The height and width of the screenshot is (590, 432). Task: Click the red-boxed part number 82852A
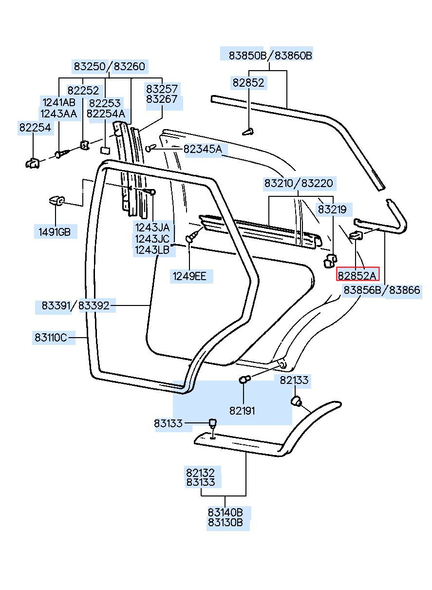click(357, 276)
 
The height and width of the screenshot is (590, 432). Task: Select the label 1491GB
click(55, 232)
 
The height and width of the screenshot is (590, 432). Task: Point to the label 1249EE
click(189, 276)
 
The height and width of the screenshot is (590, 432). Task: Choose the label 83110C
click(51, 337)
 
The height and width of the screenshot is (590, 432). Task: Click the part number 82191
click(242, 411)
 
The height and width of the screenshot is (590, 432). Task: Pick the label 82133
click(294, 380)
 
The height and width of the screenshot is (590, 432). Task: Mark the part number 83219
click(332, 209)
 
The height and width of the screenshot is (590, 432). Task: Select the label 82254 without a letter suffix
click(35, 128)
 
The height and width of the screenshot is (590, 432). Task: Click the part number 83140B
click(225, 513)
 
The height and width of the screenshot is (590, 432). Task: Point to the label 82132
click(201, 473)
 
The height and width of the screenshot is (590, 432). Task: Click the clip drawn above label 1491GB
click(56, 201)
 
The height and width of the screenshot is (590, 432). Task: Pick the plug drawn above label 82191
click(244, 380)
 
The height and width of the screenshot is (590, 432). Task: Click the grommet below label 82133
click(296, 400)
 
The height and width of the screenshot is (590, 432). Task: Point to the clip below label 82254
click(33, 163)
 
